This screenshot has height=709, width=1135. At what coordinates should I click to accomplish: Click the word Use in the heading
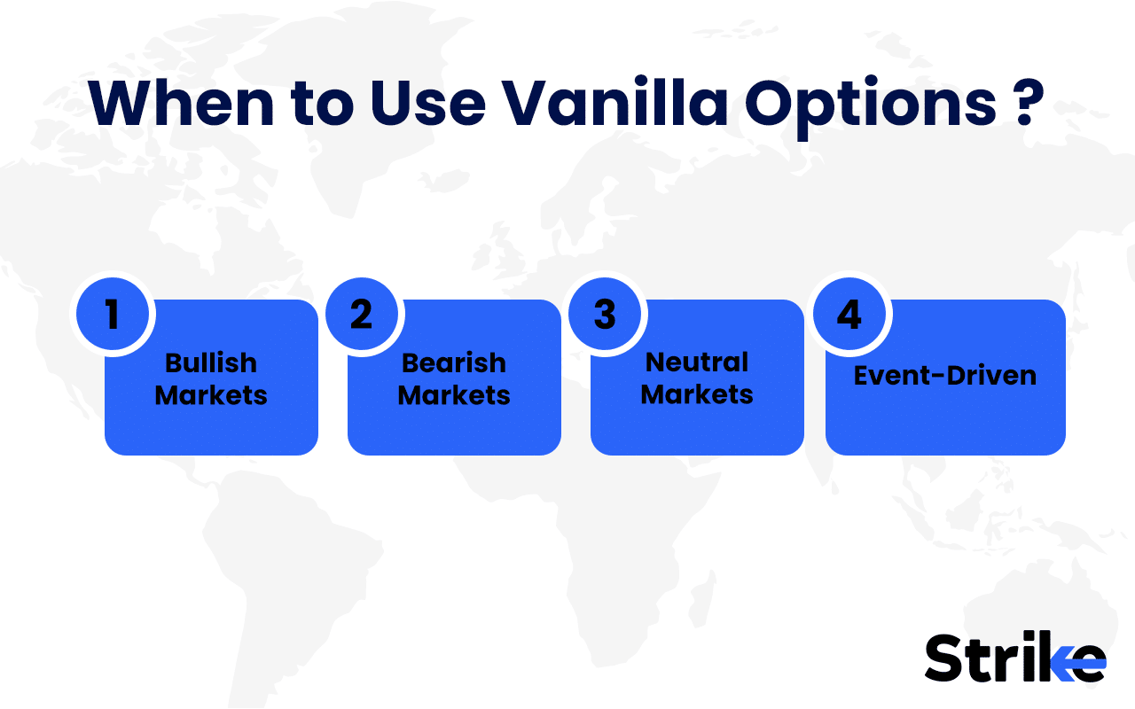428,105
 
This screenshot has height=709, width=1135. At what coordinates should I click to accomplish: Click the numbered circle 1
113,316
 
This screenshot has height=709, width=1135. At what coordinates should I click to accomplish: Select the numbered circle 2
362,316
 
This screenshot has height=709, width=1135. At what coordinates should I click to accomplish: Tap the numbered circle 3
605,316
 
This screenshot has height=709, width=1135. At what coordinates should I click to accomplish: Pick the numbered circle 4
849,316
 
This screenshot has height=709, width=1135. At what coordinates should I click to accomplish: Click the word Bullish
211,362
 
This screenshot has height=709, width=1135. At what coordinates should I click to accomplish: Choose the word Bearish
454,362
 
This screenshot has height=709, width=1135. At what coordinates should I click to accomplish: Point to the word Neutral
697,362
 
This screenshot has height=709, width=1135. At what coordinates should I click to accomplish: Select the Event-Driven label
945,376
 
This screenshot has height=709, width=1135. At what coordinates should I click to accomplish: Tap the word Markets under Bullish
211,394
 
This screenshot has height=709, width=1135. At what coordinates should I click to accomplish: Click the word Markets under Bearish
454,394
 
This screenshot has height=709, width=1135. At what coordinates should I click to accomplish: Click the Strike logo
1014,658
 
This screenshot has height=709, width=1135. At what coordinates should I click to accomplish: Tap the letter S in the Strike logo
945,658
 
